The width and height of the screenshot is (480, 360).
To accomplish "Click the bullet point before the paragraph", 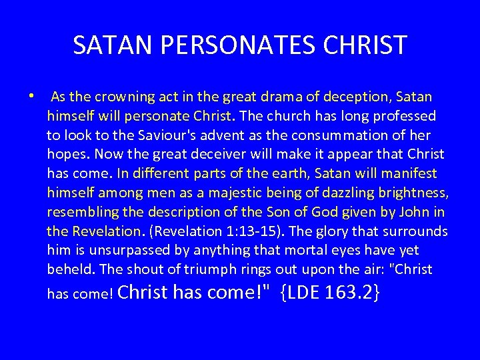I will pyautogui.click(x=31, y=95).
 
